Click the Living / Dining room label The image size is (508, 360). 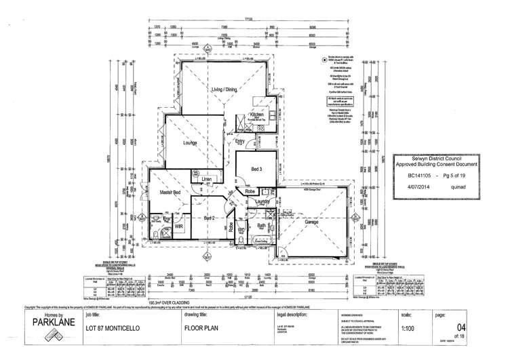coord(227,89)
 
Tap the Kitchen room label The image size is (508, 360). coord(257,115)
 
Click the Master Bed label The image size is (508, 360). coord(169,193)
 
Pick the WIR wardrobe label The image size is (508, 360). coord(179,228)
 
